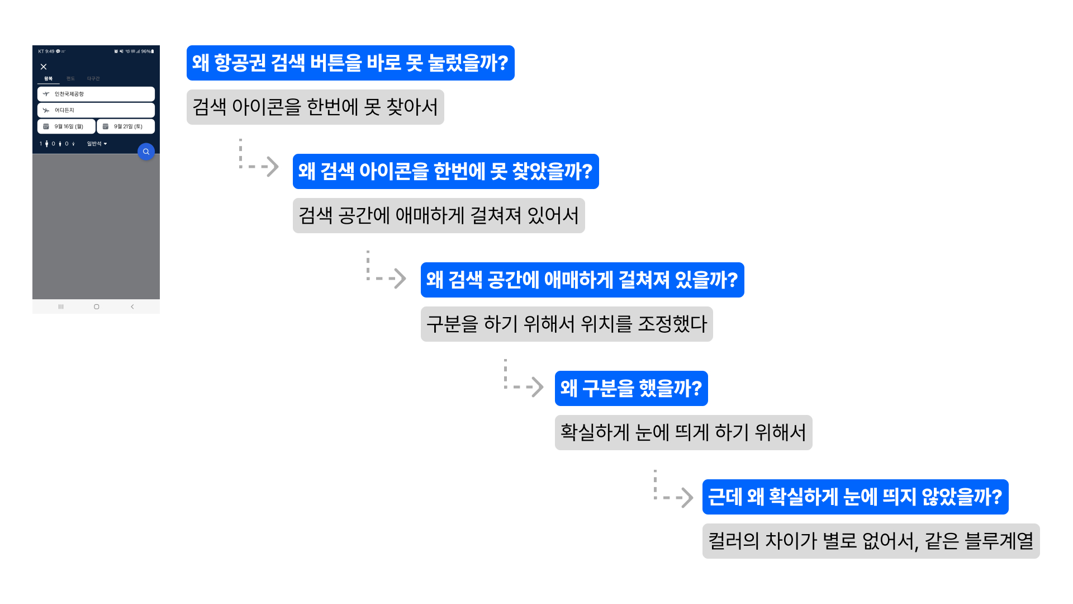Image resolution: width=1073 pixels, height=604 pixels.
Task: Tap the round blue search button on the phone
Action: point(146,152)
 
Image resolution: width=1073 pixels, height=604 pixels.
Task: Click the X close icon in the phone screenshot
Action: point(44,67)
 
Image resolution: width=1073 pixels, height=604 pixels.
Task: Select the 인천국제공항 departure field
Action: point(96,94)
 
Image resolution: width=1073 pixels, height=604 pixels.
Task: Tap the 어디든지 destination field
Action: point(96,110)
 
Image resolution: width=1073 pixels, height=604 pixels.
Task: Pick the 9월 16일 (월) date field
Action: point(67,126)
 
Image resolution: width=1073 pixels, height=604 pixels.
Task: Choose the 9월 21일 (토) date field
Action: point(126,126)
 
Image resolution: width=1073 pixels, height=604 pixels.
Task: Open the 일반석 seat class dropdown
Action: point(97,144)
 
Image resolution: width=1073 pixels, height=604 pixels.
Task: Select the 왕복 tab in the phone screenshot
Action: point(49,79)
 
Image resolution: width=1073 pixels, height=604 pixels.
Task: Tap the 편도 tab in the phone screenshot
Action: point(70,79)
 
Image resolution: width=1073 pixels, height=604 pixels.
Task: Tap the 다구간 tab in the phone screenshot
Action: point(93,79)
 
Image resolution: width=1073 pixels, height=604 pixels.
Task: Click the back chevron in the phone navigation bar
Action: point(132,306)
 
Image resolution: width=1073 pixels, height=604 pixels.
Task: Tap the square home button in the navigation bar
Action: point(97,306)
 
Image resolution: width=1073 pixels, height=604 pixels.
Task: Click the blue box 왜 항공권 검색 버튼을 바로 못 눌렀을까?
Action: point(350,63)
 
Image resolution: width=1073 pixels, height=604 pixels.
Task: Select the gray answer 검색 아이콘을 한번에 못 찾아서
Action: point(315,107)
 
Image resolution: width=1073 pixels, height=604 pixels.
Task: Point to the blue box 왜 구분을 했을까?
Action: point(631,388)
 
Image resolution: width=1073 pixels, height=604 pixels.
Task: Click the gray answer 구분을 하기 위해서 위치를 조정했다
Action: point(567,324)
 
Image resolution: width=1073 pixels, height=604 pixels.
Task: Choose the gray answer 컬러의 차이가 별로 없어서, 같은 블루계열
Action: point(871,541)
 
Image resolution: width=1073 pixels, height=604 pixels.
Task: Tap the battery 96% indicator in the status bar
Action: point(148,51)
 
